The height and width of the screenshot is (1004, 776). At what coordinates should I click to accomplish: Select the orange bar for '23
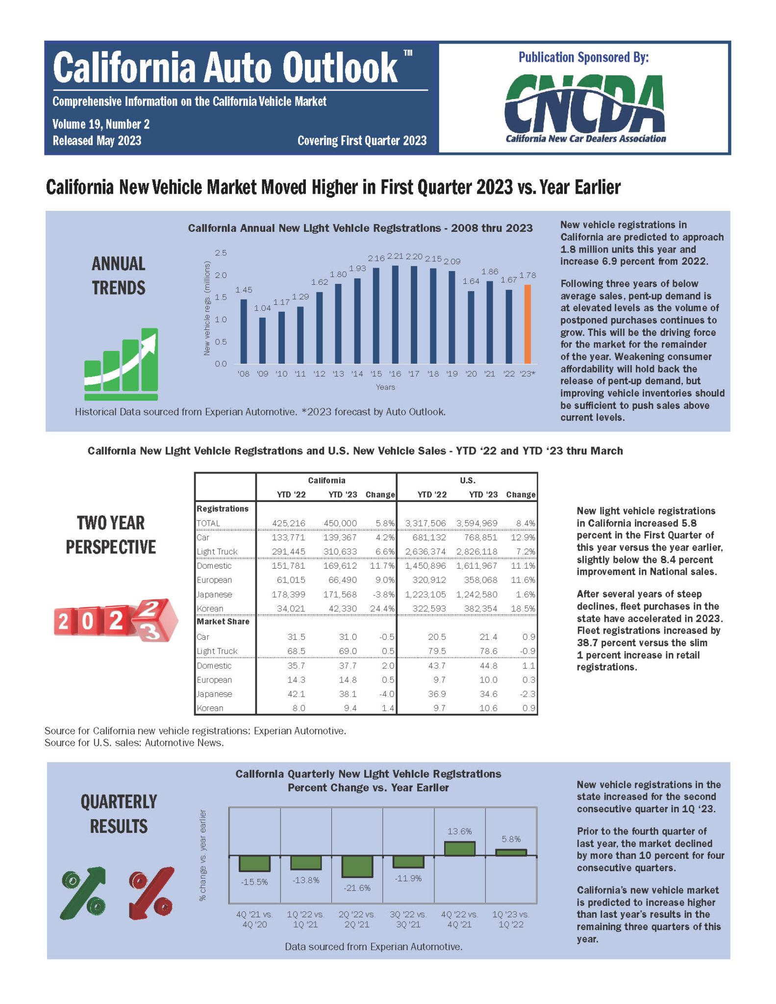(527, 324)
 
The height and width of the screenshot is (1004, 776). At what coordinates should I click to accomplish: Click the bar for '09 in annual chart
(263, 341)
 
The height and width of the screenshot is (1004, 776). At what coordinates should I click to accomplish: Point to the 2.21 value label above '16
(395, 256)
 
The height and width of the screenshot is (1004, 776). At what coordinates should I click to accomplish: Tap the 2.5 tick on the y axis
(221, 253)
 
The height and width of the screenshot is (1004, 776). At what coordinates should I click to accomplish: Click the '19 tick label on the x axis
(452, 374)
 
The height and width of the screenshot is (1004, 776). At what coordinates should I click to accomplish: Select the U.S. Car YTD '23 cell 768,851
(476, 537)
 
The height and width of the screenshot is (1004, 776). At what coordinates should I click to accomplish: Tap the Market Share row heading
(223, 622)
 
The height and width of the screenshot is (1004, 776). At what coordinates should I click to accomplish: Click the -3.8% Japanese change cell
(385, 594)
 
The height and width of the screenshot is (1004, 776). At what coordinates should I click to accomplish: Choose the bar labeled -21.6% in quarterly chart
(357, 866)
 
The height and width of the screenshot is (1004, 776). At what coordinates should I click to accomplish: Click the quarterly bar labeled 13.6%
(459, 849)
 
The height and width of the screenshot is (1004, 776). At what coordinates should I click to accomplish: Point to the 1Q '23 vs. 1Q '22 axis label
(511, 919)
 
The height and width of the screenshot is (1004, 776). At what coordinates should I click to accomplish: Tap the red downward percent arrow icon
(151, 893)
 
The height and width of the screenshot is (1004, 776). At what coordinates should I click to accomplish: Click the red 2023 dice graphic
(116, 621)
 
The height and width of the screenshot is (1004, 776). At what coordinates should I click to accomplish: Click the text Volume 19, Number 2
(101, 125)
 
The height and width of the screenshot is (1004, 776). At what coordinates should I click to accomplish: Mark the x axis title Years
(385, 387)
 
